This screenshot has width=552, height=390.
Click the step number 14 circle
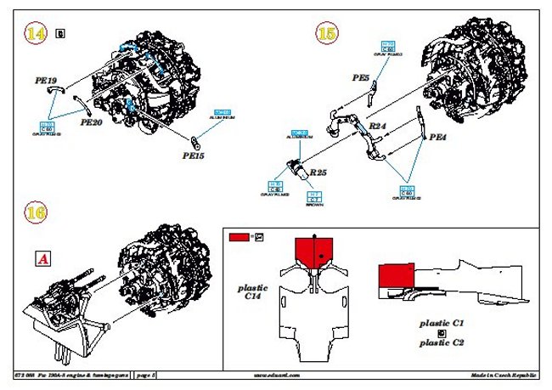(x=36, y=33)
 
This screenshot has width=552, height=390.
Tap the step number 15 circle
(x=327, y=33)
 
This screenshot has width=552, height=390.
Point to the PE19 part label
(x=47, y=82)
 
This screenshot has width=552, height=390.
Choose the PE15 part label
(x=194, y=155)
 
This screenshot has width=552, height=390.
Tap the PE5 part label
(x=361, y=77)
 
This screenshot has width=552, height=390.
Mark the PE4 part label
(x=438, y=136)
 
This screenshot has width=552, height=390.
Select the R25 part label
(x=318, y=172)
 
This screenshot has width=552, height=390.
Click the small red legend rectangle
(x=239, y=237)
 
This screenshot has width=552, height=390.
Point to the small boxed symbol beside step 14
(x=59, y=33)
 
